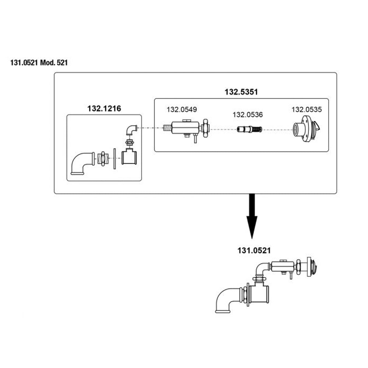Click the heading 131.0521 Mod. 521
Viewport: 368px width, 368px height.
[39, 63]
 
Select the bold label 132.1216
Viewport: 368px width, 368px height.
[104, 109]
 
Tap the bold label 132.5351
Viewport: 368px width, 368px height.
[241, 92]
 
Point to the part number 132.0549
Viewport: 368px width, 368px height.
[181, 109]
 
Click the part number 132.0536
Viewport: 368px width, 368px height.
[247, 115]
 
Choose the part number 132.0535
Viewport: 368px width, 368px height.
[307, 109]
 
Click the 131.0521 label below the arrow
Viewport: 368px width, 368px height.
[254, 251]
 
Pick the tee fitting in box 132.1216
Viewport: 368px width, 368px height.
[129, 157]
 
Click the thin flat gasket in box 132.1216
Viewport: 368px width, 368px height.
[115, 159]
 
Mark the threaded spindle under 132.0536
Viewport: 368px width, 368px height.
[249, 129]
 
